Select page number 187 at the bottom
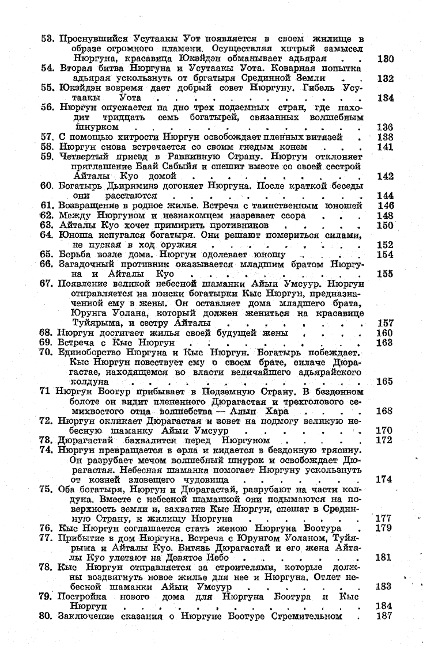384,615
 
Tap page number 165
384,381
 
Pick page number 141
384,147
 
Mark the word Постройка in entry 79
81,596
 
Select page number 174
384,478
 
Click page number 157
384,322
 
